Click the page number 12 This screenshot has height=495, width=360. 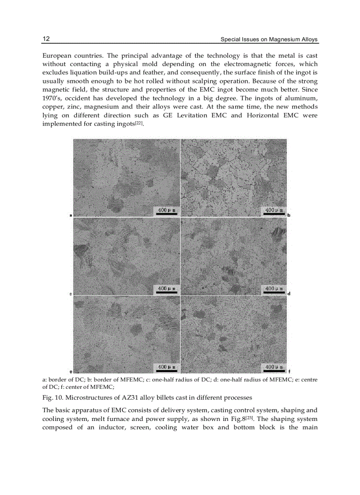pyautogui.click(x=46, y=39)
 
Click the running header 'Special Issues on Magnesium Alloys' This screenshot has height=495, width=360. pyautogui.click(x=269, y=40)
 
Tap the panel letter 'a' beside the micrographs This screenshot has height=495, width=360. pyautogui.click(x=71, y=215)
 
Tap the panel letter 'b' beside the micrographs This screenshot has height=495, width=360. pyautogui.click(x=289, y=215)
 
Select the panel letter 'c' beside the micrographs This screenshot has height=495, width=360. pyautogui.click(x=71, y=294)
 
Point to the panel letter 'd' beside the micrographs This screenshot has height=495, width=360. pyautogui.click(x=289, y=294)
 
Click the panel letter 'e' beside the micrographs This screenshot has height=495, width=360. pyautogui.click(x=71, y=372)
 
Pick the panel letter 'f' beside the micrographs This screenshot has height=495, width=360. pyautogui.click(x=289, y=372)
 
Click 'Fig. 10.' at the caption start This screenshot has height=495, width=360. pyautogui.click(x=52, y=398)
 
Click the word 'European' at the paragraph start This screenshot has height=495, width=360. pyautogui.click(x=57, y=56)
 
